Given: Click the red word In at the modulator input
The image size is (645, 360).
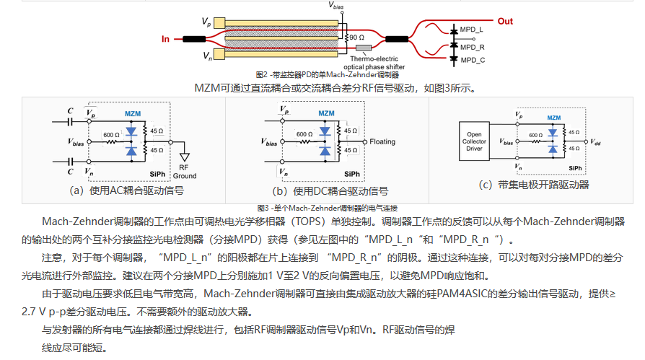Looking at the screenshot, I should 166,39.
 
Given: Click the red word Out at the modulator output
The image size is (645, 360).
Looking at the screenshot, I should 505,21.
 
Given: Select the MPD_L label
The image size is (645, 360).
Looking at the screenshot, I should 473,29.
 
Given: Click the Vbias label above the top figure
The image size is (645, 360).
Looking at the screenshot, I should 336,5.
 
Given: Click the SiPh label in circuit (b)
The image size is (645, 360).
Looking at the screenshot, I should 353,174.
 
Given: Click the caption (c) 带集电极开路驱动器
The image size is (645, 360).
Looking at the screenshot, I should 533,185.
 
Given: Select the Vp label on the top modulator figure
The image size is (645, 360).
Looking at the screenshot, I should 206,22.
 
